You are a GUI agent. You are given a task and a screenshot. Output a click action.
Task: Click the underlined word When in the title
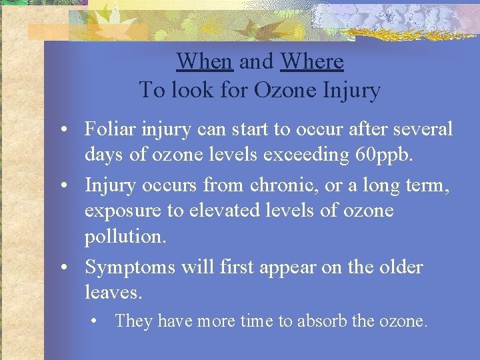tap(204, 61)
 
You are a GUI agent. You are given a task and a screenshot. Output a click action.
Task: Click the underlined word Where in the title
tap(312, 61)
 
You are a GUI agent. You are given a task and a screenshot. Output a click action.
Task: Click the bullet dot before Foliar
tap(69, 129)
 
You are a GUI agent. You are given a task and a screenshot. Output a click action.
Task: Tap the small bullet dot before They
tap(97, 321)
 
